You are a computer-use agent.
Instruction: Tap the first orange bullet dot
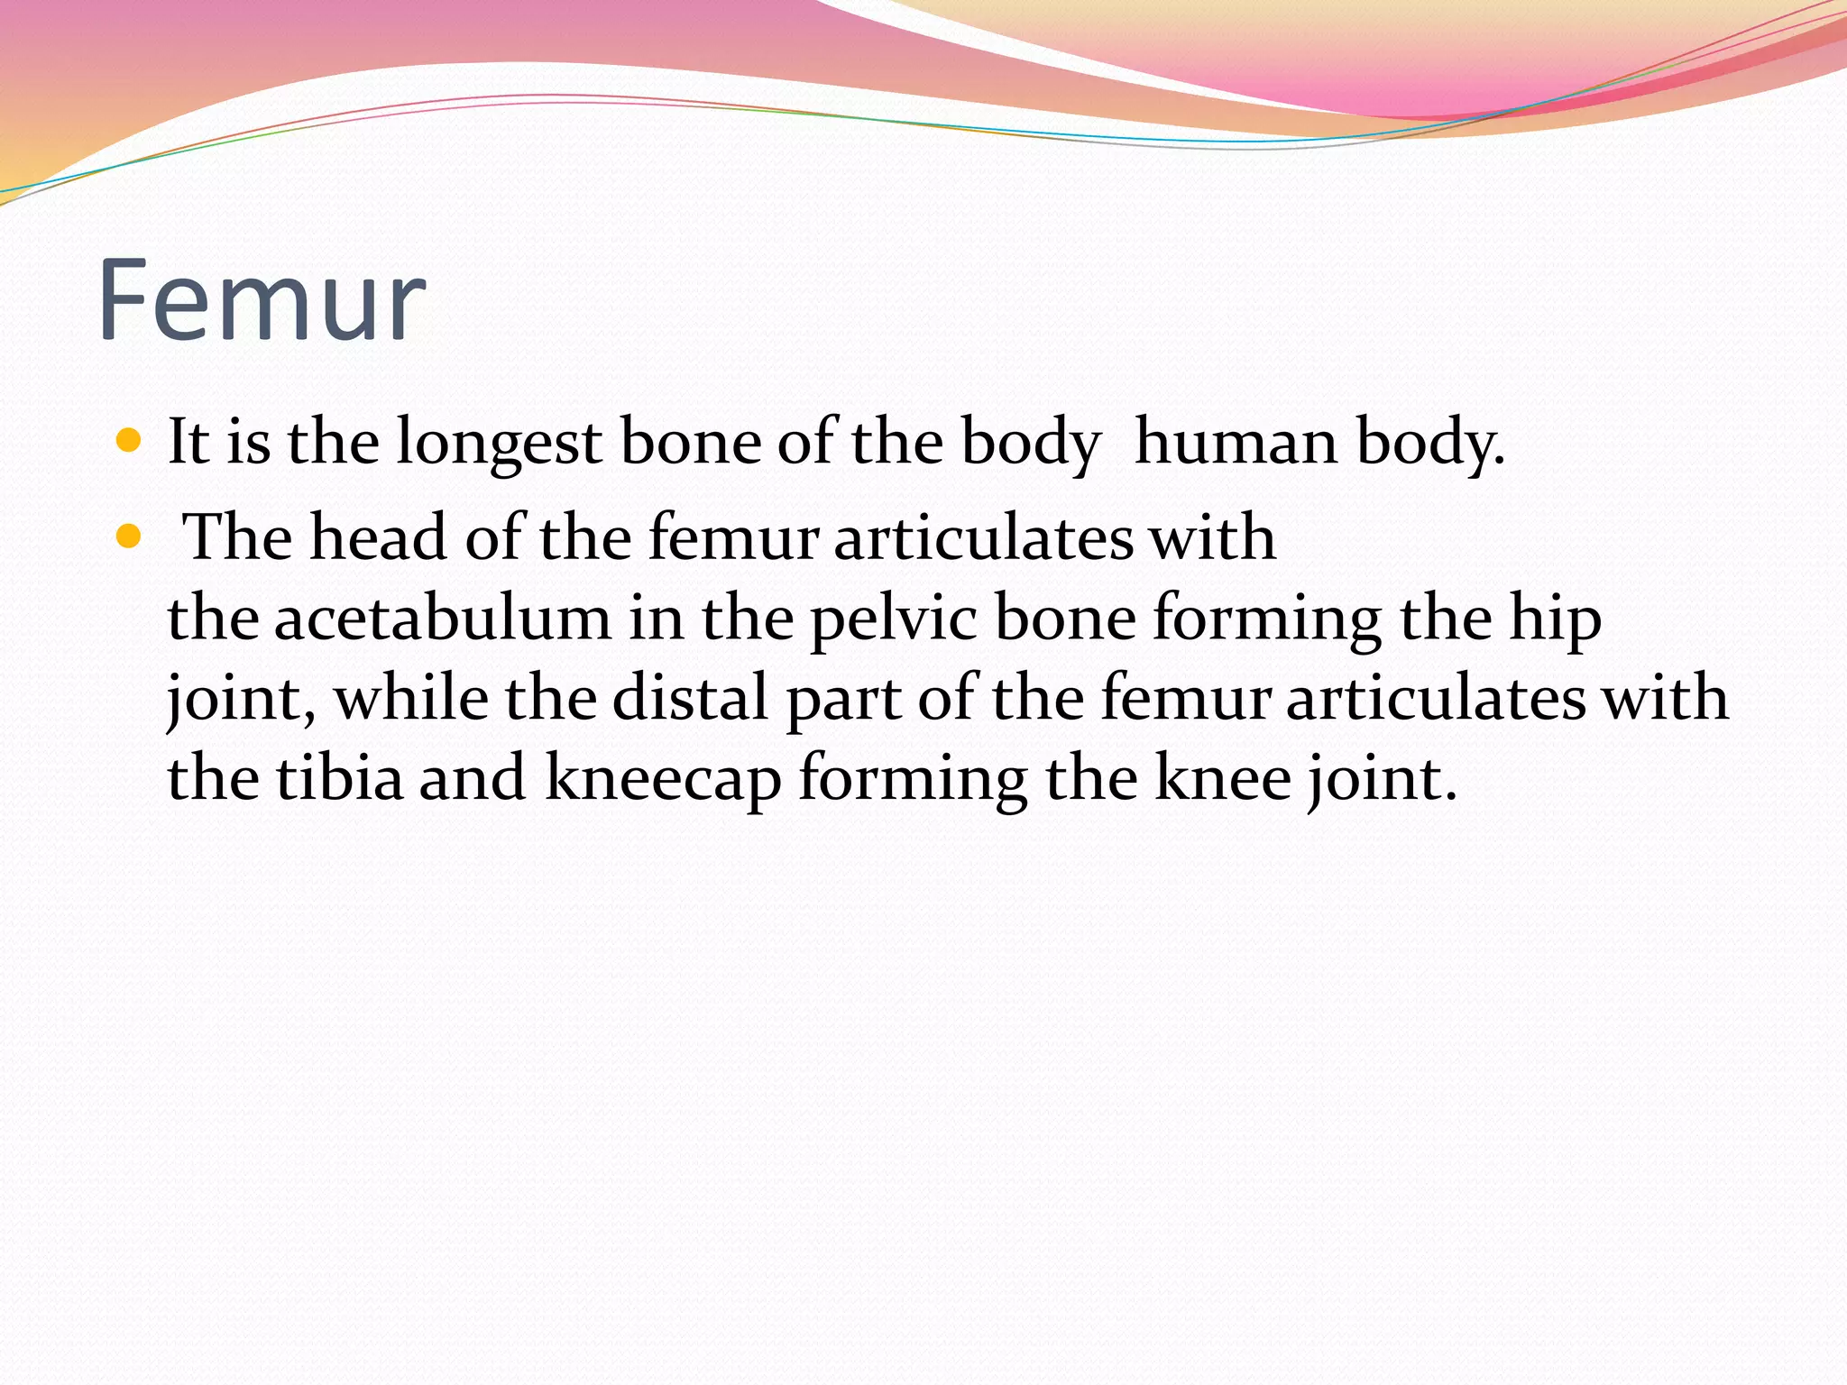130,441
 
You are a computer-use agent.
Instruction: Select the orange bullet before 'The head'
130,537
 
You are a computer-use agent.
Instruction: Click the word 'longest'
499,444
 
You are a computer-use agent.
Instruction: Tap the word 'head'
379,537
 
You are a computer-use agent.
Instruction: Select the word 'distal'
690,699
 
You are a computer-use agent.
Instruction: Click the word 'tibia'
339,778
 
